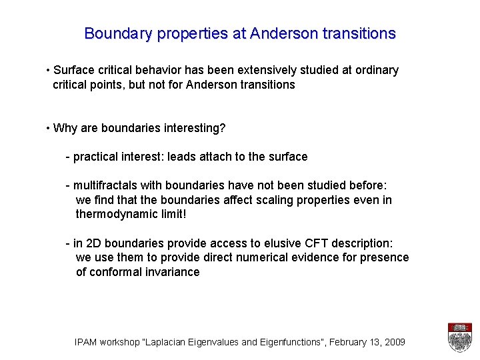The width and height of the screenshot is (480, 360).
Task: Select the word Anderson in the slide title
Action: (279, 33)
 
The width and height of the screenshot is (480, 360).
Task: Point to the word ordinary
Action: (375, 70)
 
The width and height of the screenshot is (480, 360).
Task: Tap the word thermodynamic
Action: (116, 214)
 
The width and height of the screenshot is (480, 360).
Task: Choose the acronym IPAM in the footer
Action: (87, 342)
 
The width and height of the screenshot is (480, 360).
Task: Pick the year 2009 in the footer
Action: (393, 342)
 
